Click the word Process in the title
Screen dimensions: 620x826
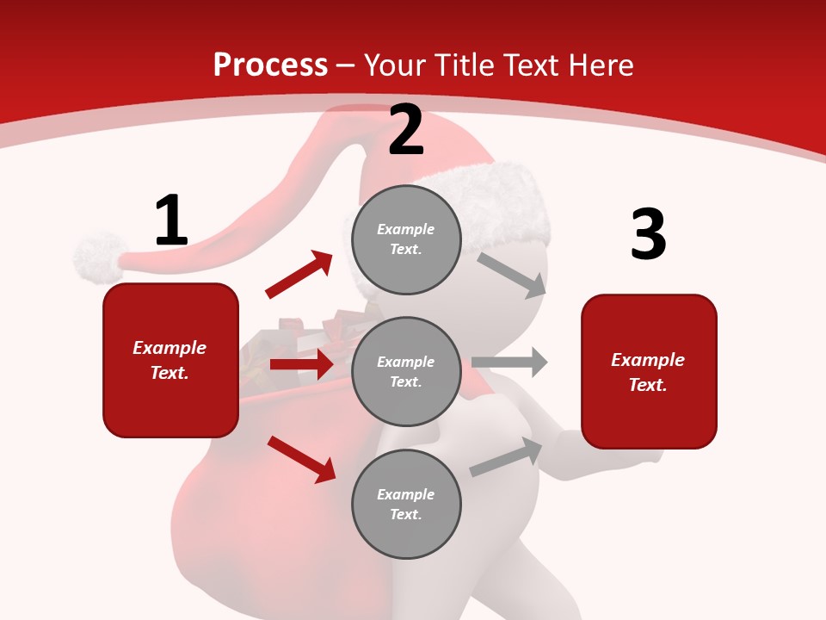[x=270, y=65]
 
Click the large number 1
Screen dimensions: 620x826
[x=170, y=221]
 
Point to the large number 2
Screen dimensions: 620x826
[x=406, y=131]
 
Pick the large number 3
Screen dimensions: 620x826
[x=648, y=235]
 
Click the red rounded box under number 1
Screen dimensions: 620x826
[x=170, y=360]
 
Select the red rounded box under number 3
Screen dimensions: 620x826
[x=649, y=372]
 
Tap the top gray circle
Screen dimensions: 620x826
[x=406, y=239]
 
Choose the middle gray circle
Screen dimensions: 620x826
[x=406, y=372]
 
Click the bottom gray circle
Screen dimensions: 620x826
[x=406, y=505]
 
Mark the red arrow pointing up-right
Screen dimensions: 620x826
[x=299, y=274]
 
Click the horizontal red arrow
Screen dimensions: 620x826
[x=301, y=364]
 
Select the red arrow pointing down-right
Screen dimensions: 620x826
[x=302, y=459]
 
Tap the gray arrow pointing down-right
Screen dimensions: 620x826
[x=512, y=275]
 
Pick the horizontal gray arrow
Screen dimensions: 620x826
[x=509, y=363]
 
